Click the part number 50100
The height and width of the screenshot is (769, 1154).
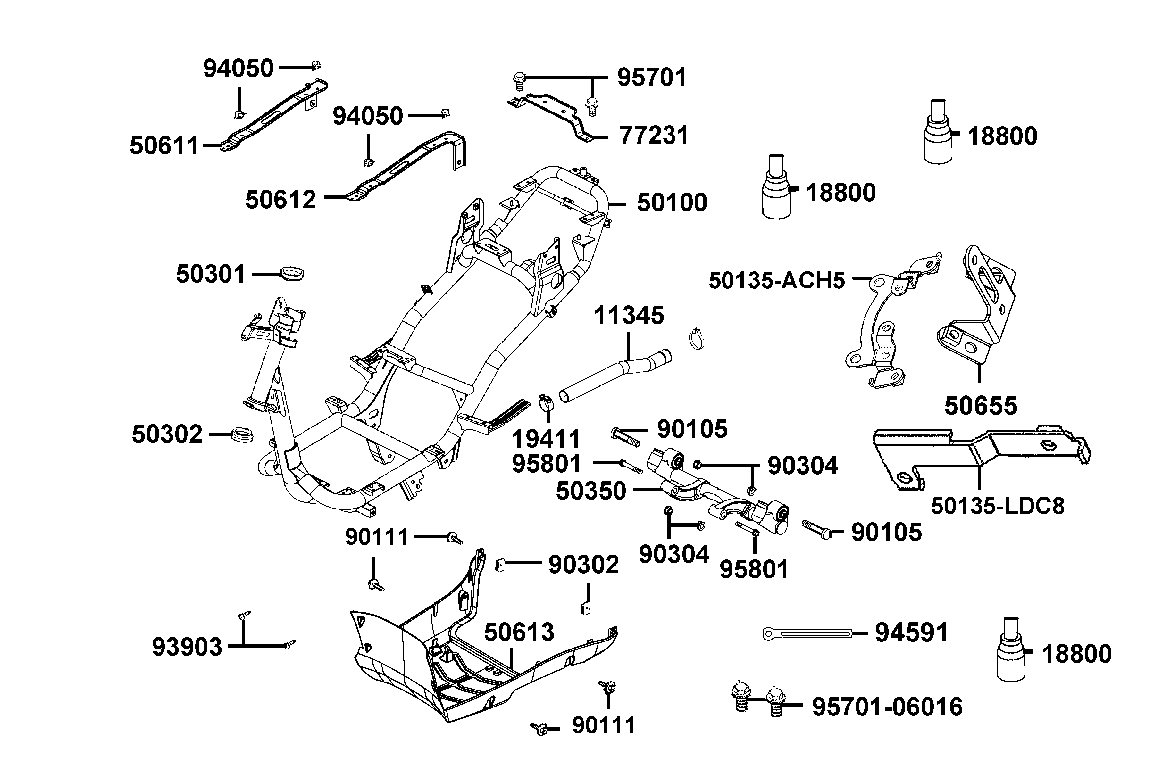pyautogui.click(x=672, y=203)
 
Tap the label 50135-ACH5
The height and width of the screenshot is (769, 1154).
pyautogui.click(x=777, y=281)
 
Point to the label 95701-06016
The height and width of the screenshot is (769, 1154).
pyautogui.click(x=887, y=707)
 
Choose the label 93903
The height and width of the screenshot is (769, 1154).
pyautogui.click(x=187, y=647)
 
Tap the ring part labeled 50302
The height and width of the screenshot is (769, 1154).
pyautogui.click(x=242, y=434)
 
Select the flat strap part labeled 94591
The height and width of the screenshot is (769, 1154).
pyautogui.click(x=807, y=634)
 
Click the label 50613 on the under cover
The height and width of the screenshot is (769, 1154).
pyautogui.click(x=519, y=632)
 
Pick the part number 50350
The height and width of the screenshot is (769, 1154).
pyautogui.click(x=591, y=491)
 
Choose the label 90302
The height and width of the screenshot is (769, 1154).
pyautogui.click(x=583, y=565)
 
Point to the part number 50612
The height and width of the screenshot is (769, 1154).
pyautogui.click(x=281, y=200)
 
